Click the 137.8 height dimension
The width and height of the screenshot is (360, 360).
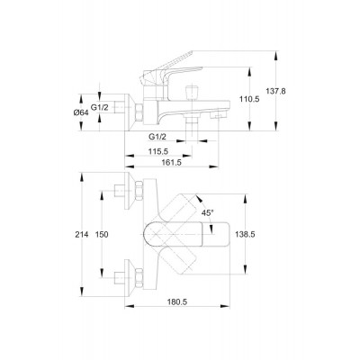point(276,91)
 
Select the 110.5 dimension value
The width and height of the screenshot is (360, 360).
point(249,99)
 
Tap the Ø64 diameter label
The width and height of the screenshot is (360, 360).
point(81,112)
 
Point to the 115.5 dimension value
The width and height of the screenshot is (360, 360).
point(157,152)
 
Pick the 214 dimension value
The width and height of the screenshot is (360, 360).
point(82,235)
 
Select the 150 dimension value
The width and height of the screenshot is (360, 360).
point(102,235)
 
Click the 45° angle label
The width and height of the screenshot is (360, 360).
point(207,213)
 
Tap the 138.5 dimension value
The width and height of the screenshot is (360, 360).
point(245,235)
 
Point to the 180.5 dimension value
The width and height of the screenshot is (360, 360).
point(177,302)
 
